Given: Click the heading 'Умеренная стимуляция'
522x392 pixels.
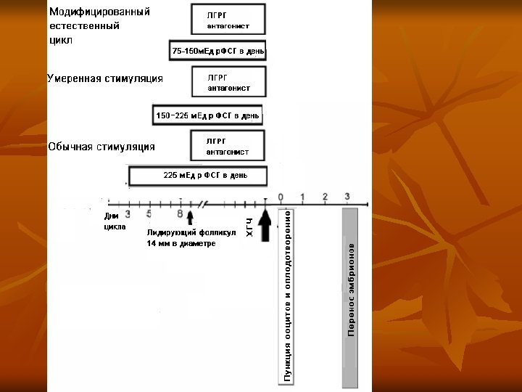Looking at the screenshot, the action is tap(105, 78).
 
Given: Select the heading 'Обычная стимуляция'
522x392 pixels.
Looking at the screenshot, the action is tap(101, 147).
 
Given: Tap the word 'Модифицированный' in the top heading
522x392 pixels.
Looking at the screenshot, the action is tap(99, 12).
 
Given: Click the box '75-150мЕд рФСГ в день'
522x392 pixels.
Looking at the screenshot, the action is tap(217, 52).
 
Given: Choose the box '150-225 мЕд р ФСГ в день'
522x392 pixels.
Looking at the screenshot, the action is tap(207, 115).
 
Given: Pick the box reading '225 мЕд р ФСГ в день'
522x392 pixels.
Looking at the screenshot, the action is tap(198, 176).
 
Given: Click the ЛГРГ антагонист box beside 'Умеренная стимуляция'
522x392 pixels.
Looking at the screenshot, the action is tap(228, 82).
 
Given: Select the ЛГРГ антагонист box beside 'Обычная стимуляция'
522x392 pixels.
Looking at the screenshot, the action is tap(228, 147).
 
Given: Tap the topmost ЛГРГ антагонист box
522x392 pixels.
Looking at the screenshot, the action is tap(228, 20).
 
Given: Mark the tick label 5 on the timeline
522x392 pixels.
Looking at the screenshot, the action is tap(149, 213).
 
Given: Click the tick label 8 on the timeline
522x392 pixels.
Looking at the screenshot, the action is tap(180, 213).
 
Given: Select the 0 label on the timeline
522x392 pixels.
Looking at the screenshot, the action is tap(281, 197).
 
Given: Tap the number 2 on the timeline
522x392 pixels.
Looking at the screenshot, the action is tap(325, 197).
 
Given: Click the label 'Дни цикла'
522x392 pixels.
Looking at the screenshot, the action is tap(114, 221).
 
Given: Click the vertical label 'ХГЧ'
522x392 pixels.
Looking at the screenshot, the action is tap(249, 226).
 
